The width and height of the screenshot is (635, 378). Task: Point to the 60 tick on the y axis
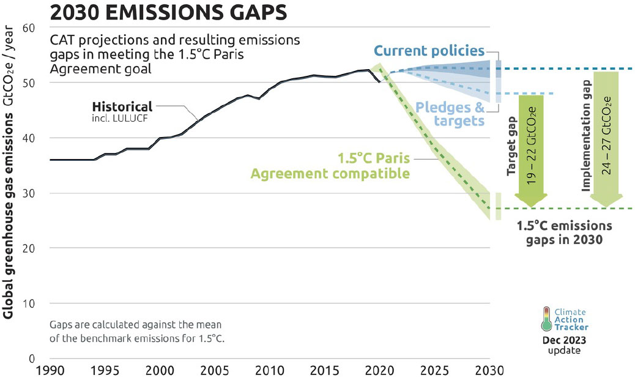click(x=30, y=28)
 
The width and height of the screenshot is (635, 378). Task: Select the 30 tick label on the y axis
click(x=30, y=193)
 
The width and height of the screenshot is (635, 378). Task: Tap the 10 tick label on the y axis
click(x=30, y=303)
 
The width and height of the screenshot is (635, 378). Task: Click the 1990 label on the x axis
click(x=50, y=371)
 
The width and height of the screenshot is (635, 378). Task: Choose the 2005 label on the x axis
click(x=215, y=371)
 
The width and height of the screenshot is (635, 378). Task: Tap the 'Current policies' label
click(x=429, y=51)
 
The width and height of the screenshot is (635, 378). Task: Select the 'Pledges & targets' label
click(x=450, y=114)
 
